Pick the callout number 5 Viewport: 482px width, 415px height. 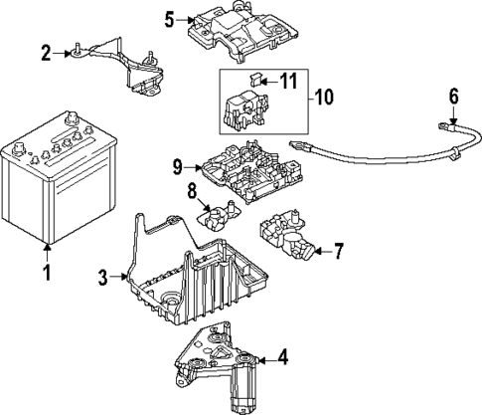pyautogui.click(x=169, y=18)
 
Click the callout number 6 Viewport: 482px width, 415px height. pyautogui.click(x=453, y=97)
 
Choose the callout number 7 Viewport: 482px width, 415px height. pyautogui.click(x=339, y=252)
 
